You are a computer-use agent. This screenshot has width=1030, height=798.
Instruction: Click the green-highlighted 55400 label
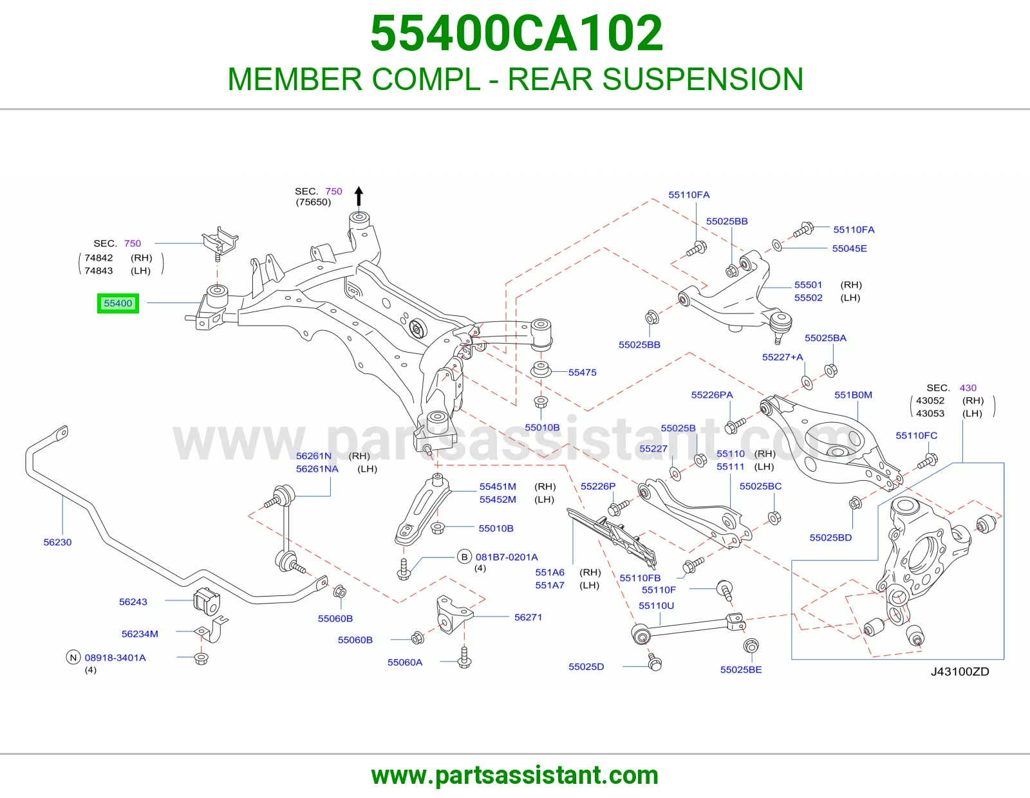tap(118, 303)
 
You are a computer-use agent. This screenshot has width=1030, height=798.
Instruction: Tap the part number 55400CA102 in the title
tap(516, 33)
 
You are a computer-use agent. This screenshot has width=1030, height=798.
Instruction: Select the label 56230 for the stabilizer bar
tap(57, 542)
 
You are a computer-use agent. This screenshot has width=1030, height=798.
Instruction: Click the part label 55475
tap(582, 373)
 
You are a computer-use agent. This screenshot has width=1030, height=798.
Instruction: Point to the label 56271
tap(528, 617)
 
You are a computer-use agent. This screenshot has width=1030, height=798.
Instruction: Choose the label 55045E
tap(849, 248)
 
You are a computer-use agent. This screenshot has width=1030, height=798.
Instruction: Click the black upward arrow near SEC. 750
tap(359, 196)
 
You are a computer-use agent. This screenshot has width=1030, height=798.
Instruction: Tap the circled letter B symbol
tap(465, 557)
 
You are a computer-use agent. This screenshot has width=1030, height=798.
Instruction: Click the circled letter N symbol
tap(73, 657)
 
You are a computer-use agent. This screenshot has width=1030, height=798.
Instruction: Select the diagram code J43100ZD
tap(960, 671)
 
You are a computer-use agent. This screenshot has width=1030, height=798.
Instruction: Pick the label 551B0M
tap(853, 394)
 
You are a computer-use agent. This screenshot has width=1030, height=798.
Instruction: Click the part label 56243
tap(133, 602)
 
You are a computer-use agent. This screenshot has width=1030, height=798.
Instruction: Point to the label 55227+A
tap(783, 357)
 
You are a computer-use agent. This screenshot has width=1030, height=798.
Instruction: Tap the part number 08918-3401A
tap(115, 658)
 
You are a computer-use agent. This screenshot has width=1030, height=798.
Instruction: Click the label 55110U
tap(656, 606)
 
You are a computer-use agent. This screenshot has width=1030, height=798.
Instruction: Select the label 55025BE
tap(741, 669)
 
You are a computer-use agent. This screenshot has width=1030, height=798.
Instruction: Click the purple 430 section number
tap(968, 387)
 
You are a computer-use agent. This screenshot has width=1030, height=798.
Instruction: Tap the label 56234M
tap(140, 634)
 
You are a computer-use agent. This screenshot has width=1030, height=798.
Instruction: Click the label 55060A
tap(405, 662)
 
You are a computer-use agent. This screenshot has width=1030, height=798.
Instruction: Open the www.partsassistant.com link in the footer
tap(515, 775)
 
